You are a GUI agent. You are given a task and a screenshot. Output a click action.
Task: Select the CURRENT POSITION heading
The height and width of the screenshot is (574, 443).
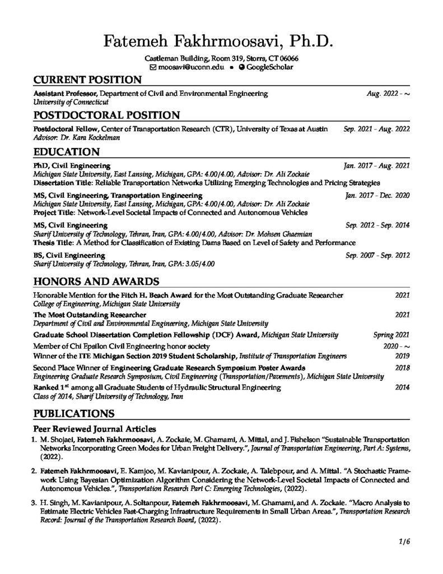87,80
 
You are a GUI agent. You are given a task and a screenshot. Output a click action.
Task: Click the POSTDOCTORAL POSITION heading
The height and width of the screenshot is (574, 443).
106,115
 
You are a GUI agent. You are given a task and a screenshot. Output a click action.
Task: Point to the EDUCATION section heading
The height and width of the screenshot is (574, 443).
67,151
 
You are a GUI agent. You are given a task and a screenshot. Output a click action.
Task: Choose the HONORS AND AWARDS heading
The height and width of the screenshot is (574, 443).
96,281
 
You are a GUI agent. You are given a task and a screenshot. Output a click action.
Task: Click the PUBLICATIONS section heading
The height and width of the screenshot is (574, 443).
74,414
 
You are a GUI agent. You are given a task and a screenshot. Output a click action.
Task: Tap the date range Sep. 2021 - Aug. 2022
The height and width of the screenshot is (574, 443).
376,129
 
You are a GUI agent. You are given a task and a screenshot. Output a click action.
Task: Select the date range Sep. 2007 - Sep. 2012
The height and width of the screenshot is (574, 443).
377,255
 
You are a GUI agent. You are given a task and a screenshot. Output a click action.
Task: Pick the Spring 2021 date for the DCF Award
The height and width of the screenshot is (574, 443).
391,335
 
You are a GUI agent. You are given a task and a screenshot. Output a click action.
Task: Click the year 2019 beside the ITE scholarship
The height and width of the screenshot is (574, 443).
402,356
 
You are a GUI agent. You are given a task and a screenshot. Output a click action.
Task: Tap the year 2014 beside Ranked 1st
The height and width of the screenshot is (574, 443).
402,387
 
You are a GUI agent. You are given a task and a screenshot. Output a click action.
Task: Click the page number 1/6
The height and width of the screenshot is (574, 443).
404,542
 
